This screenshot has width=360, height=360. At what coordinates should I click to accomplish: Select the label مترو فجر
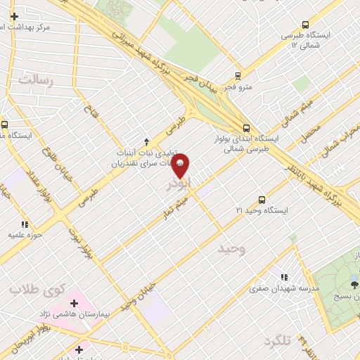238,87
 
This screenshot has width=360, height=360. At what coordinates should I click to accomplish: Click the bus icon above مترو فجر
238,76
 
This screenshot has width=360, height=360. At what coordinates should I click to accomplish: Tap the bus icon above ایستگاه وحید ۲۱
262,200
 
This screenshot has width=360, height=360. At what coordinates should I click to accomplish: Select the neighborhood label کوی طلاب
37,289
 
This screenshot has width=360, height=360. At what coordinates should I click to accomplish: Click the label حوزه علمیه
24,235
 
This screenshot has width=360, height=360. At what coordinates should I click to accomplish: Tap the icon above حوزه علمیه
24,224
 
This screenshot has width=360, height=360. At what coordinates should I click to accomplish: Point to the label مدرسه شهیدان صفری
286,288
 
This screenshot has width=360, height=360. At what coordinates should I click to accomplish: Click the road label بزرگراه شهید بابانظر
337,182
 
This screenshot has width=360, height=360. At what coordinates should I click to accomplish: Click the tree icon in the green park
354,284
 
